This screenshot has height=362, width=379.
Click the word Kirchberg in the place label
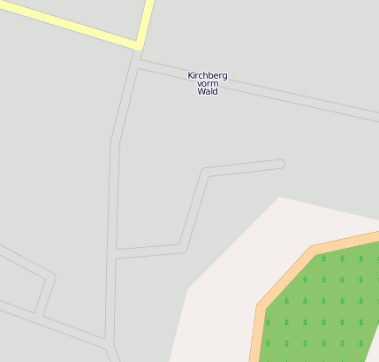[208, 75]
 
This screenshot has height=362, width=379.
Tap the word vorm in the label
[208, 83]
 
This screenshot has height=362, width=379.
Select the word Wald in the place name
[208, 91]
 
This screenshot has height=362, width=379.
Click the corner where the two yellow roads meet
[140, 43]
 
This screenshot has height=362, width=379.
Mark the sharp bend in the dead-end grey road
[206, 173]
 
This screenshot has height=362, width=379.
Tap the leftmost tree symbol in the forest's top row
[323, 258]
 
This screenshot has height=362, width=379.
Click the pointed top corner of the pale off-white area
[280, 197]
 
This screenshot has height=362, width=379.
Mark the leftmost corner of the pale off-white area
[187, 288]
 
